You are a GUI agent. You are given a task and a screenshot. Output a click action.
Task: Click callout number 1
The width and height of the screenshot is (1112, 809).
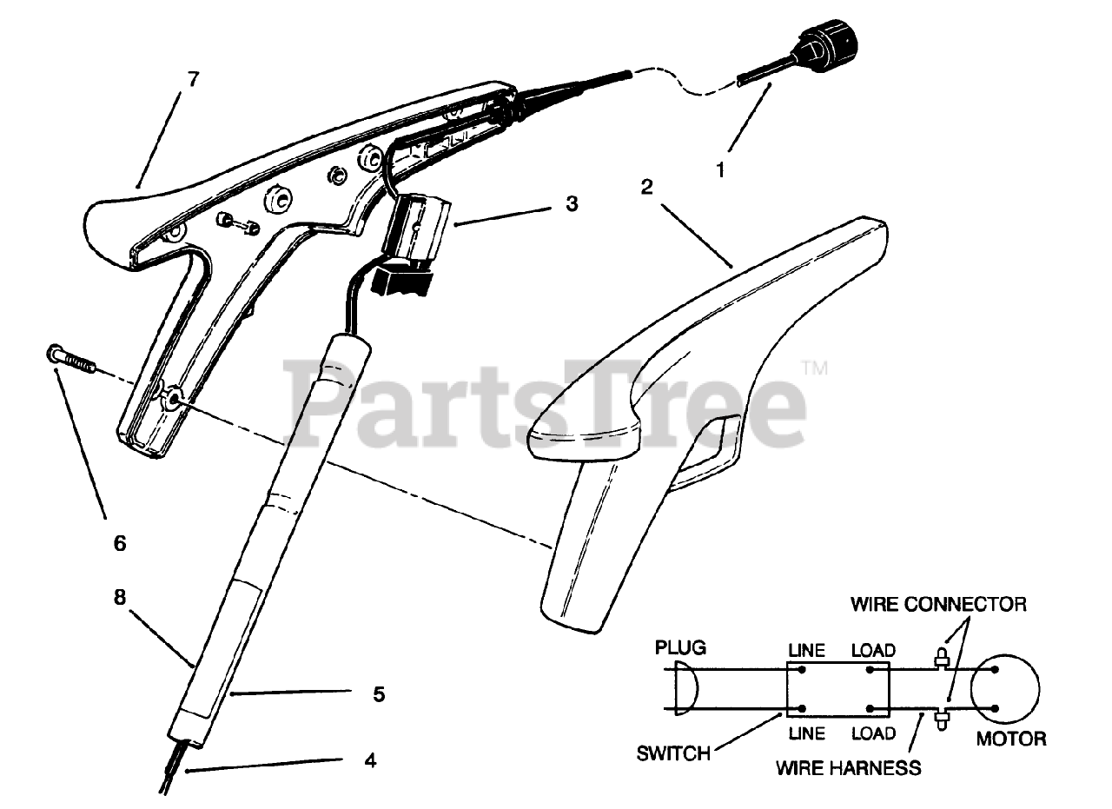(719, 170)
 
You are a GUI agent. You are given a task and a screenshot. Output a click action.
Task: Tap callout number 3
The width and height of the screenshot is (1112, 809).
(570, 205)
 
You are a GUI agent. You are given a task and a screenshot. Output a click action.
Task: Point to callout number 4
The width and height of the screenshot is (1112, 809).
(371, 761)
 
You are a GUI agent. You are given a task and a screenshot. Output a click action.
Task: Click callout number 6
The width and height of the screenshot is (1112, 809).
(120, 544)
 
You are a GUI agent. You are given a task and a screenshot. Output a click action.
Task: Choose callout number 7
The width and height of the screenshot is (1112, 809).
(192, 80)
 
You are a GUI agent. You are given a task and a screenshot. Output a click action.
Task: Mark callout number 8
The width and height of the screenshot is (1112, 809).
(120, 598)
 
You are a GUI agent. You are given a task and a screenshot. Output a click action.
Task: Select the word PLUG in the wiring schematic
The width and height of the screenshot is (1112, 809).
(680, 648)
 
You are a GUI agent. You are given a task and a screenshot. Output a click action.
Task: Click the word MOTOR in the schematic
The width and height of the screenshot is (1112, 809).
(1011, 739)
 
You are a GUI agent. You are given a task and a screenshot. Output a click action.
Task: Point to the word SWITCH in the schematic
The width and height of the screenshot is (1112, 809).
(674, 753)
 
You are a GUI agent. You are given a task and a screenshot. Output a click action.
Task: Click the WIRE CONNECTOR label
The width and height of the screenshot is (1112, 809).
(938, 603)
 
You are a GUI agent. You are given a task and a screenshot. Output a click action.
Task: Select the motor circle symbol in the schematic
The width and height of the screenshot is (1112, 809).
(1005, 689)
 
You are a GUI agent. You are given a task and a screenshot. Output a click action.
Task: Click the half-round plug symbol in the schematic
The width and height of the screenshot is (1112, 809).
(685, 690)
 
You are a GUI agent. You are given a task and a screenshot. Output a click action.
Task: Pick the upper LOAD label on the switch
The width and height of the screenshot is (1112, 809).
(873, 650)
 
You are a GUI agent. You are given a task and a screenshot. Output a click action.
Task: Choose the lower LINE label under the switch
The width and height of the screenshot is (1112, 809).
(806, 733)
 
